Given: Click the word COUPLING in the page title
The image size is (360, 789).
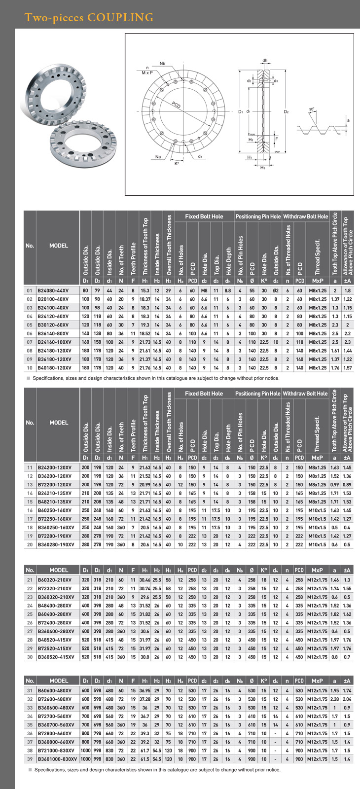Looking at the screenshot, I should [x=120, y=18].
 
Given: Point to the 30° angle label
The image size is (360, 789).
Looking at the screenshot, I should [x=312, y=109].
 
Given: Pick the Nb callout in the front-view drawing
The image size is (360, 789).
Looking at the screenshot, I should [x=162, y=64].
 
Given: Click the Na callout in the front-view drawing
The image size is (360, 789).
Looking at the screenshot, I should [x=158, y=157].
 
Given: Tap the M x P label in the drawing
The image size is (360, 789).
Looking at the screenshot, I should [x=147, y=72].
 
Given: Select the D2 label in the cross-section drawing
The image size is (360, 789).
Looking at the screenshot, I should [x=286, y=112].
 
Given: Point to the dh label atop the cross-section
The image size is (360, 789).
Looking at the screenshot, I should [x=265, y=61].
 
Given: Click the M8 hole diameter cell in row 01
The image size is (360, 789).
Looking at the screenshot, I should [x=204, y=291].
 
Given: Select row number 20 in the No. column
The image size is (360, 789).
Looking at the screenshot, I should [x=30, y=544].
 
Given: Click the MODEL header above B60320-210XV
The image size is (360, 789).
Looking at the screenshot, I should [x=59, y=571].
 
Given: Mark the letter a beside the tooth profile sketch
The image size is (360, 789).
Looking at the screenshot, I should [x=348, y=120].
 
